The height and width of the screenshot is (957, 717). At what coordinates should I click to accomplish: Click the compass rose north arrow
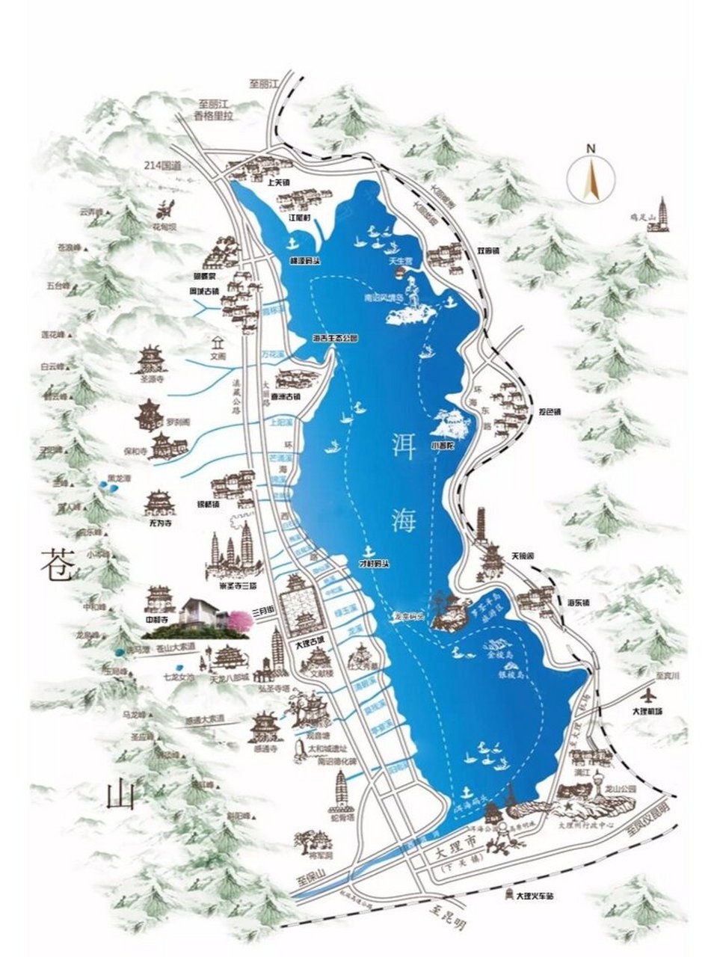pos(591,177)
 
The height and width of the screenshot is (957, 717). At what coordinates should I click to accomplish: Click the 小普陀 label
pos(442,446)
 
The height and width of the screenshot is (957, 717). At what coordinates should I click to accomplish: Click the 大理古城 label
pos(310,641)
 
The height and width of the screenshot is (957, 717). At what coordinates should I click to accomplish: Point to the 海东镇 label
pos(579,603)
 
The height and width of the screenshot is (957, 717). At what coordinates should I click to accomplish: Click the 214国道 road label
pos(165,171)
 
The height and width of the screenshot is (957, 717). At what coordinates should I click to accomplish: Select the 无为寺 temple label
pos(157,523)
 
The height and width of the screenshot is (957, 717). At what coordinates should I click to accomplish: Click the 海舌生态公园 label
pos(334,338)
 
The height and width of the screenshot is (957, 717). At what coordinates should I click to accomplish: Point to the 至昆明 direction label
pos(449,918)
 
